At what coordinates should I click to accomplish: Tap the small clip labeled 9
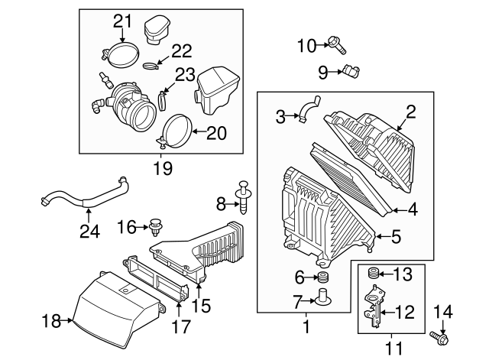[x=351, y=73]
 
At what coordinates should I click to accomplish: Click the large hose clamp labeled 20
[x=176, y=130]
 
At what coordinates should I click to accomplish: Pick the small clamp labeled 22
[x=153, y=64]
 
